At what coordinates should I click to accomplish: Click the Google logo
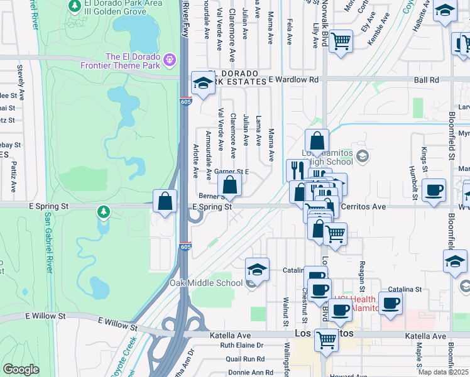21,369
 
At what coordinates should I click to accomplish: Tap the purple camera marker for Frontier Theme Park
168,60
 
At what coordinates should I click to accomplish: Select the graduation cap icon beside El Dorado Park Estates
203,84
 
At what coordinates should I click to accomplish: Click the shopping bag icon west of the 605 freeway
165,201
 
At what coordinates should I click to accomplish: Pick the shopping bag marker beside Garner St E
230,185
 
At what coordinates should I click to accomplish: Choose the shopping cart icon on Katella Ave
326,340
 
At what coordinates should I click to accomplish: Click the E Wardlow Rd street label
293,80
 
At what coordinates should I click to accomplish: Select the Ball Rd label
426,80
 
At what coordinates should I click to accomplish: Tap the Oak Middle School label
206,283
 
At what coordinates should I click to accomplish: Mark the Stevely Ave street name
21,78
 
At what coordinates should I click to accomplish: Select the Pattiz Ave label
13,177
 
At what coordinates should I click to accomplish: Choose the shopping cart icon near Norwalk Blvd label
340,41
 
